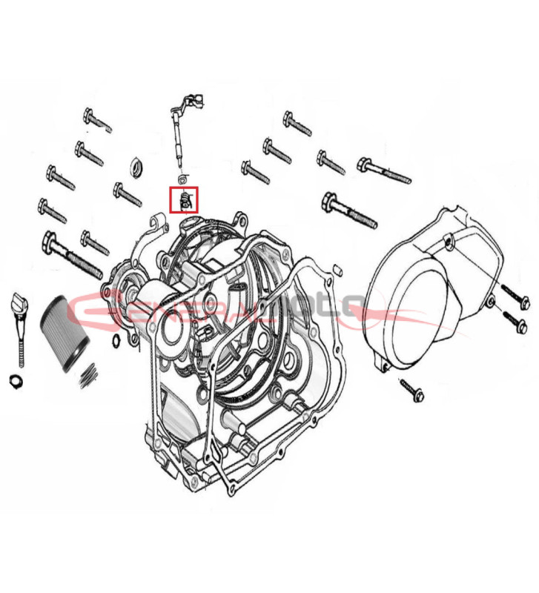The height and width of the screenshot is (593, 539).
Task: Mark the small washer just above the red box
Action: (183, 179)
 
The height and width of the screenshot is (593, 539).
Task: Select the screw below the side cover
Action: (410, 388)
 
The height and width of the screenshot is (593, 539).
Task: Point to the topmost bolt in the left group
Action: (97, 119)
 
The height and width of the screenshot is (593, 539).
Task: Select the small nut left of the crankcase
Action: (116, 340)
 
